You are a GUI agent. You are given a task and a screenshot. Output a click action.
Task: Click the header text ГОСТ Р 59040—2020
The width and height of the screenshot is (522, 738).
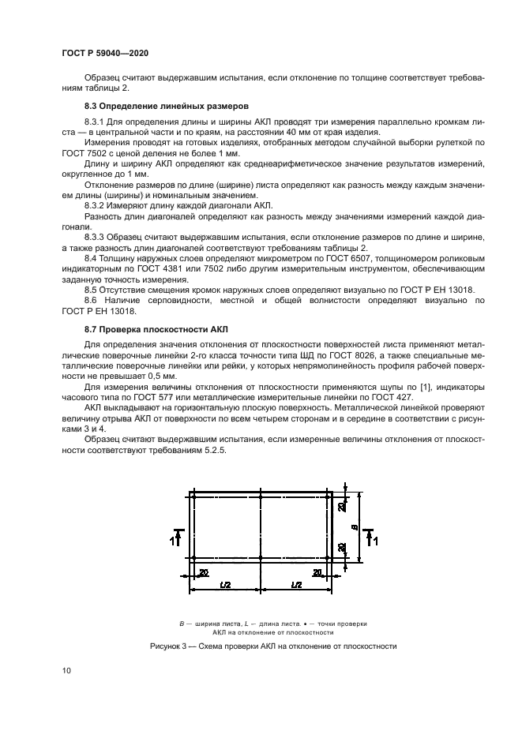[x=105, y=52]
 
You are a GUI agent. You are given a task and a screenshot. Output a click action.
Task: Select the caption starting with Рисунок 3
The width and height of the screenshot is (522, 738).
[x=272, y=646]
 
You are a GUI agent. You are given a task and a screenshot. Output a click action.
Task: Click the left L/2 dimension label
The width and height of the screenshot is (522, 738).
[x=225, y=584]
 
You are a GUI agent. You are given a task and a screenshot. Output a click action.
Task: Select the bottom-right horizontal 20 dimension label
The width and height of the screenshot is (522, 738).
[x=318, y=572]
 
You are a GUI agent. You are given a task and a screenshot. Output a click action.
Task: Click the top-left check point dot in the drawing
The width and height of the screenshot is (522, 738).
[x=193, y=496]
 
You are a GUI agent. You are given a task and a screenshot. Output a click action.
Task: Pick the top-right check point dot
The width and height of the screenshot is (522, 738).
[x=328, y=496]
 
